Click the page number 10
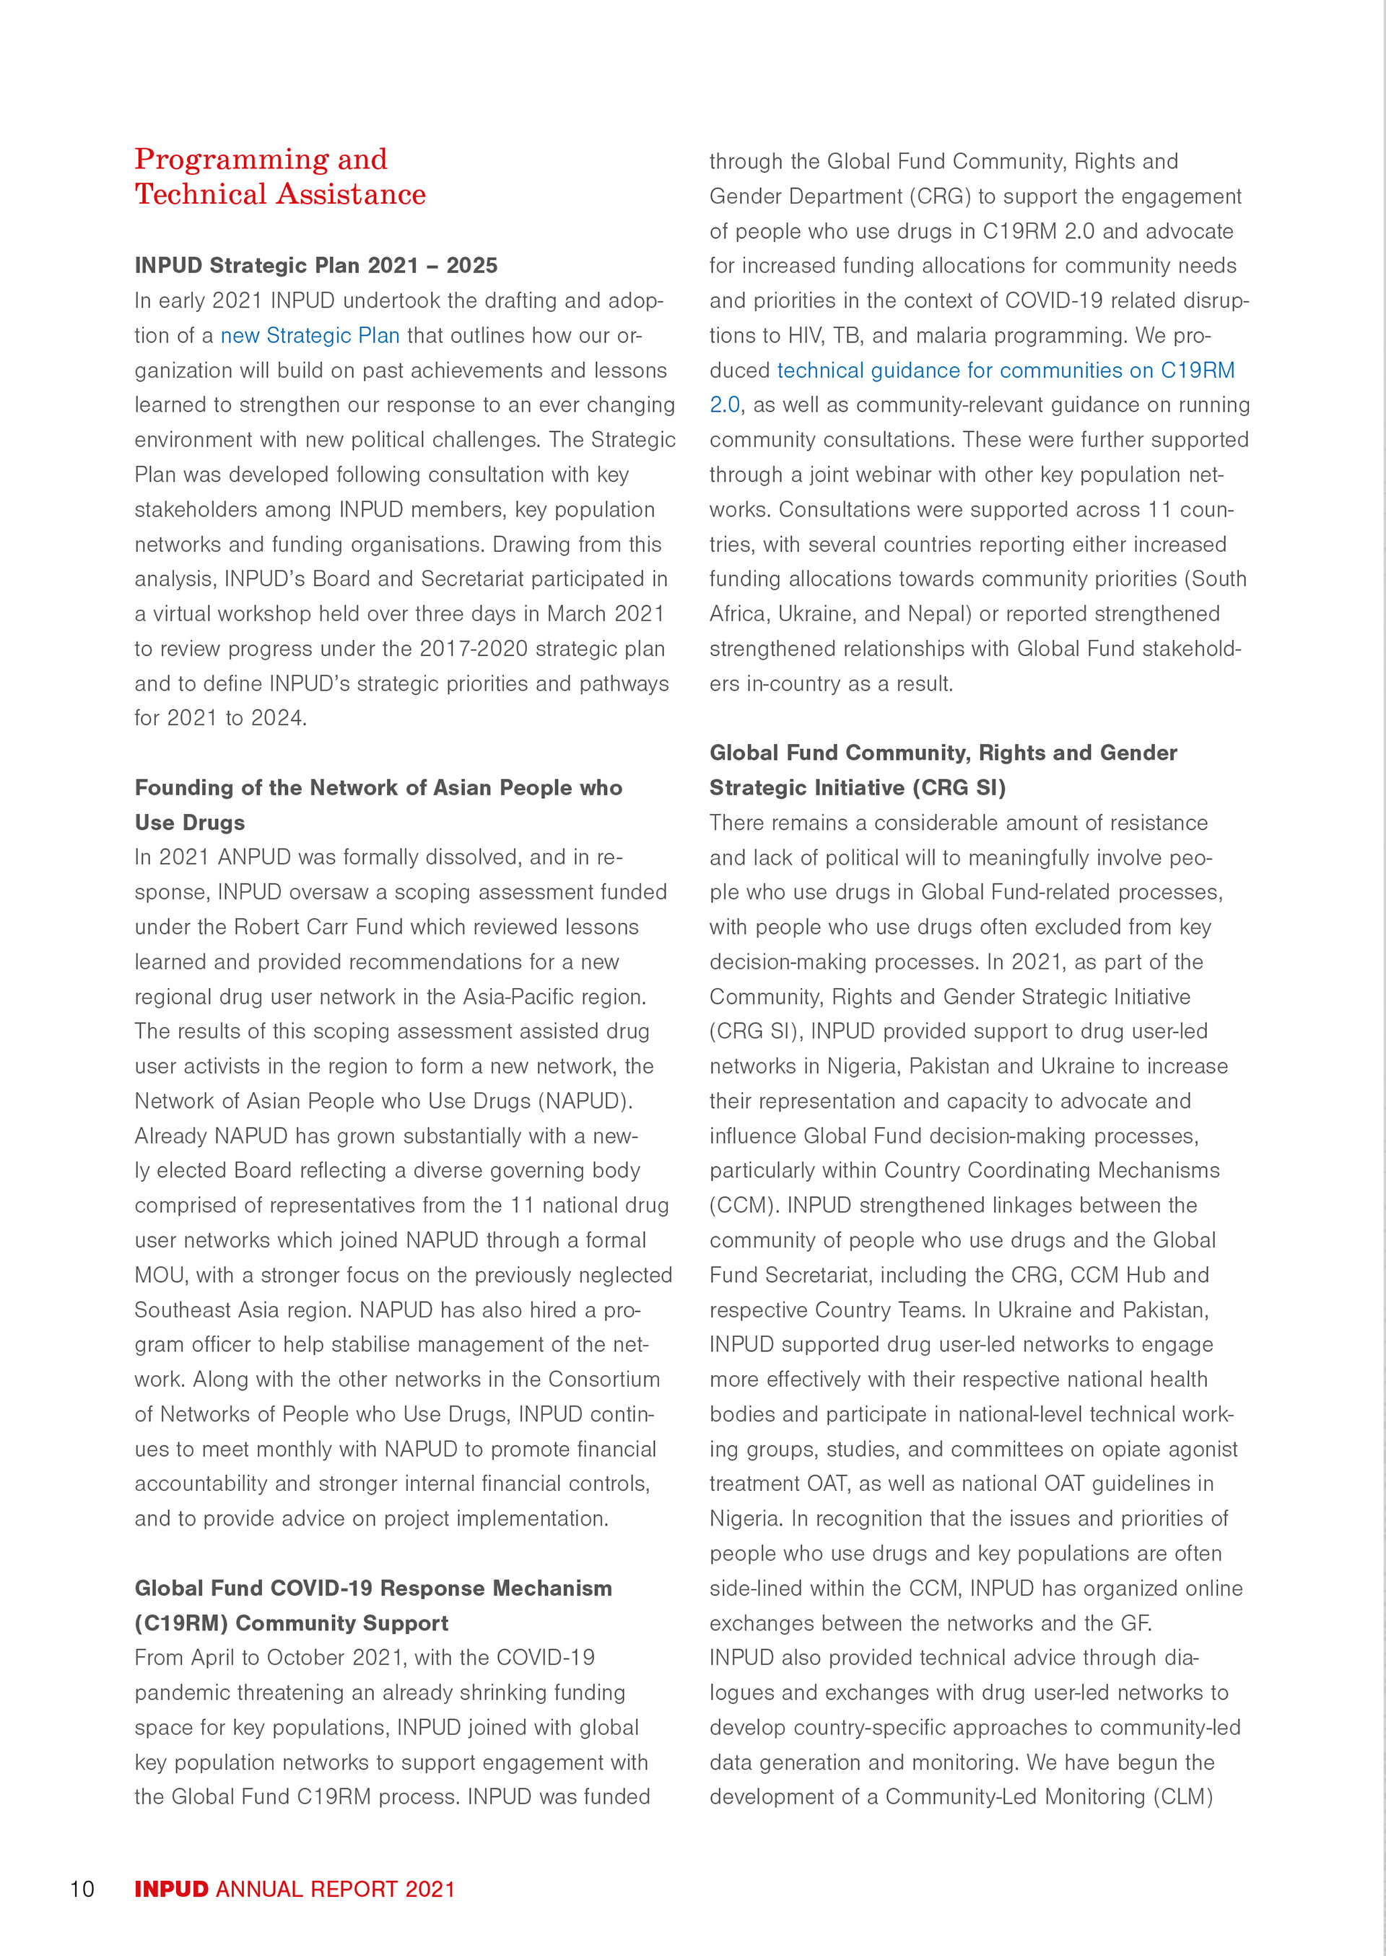click(82, 1889)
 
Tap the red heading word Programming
click(231, 159)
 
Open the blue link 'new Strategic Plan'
click(310, 336)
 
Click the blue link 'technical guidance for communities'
click(949, 371)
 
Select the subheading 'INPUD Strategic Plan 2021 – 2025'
click(315, 266)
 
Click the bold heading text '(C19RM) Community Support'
click(291, 1623)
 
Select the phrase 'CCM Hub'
click(1118, 1276)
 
